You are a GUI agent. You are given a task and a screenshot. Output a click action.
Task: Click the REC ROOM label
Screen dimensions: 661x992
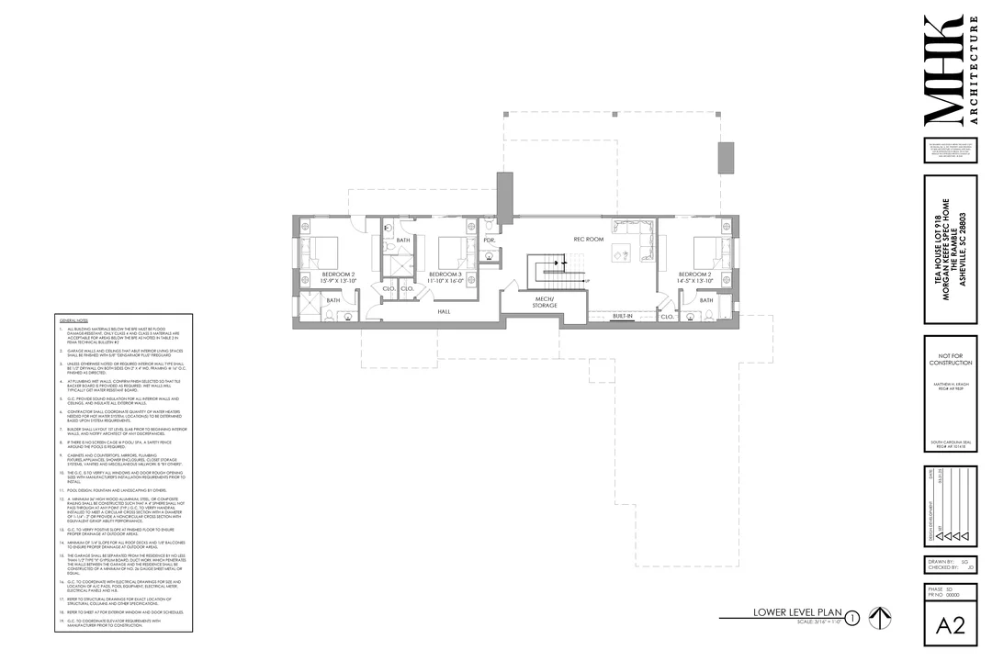(x=588, y=240)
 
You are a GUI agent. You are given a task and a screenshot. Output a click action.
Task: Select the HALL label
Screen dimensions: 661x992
(x=444, y=312)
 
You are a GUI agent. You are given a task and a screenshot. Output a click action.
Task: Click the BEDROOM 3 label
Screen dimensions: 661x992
(x=445, y=274)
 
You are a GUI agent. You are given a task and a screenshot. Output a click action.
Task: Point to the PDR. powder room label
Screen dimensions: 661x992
(x=490, y=240)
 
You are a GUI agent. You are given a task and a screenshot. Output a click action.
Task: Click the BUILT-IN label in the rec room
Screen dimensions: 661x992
(x=624, y=316)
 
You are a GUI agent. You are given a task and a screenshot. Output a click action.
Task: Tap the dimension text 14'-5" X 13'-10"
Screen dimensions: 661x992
(x=694, y=282)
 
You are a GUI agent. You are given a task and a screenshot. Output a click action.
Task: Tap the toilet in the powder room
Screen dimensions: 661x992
(x=490, y=258)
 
